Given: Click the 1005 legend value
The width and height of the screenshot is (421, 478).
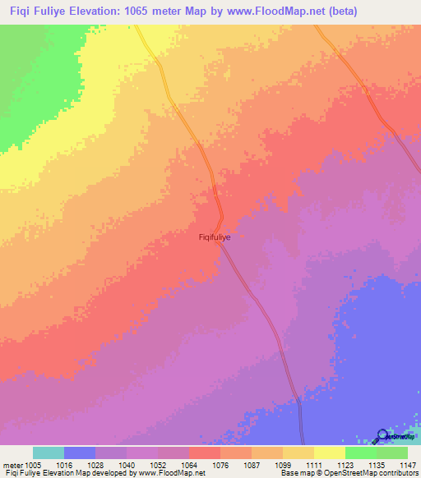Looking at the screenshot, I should click(33, 464).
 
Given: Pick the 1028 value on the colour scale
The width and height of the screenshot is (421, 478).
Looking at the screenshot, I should click(95, 464).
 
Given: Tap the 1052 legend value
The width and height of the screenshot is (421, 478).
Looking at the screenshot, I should click(157, 464).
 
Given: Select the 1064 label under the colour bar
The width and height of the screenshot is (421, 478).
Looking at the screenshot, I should click(188, 464).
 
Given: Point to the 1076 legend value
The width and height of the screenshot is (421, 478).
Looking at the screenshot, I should click(220, 464).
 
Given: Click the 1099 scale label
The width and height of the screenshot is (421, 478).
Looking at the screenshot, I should click(282, 464).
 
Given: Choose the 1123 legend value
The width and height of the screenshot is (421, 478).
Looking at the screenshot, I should click(345, 464).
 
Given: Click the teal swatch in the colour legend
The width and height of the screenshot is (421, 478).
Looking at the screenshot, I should click(49, 453).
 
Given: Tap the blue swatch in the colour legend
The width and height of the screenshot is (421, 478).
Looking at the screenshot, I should click(80, 453).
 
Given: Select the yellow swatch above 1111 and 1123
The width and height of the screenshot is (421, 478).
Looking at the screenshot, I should click(329, 453).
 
